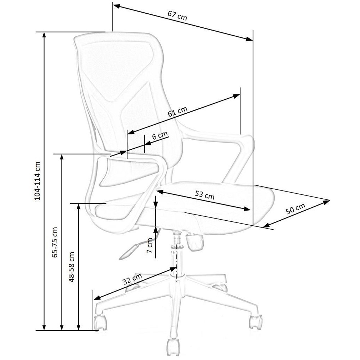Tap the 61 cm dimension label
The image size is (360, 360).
[178, 112]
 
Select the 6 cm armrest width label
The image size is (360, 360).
[160, 136]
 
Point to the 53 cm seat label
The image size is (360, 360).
[204, 195]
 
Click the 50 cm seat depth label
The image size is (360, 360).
[295, 209]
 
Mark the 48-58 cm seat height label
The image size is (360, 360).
[71, 267]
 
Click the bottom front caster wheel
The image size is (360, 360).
[174, 346]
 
